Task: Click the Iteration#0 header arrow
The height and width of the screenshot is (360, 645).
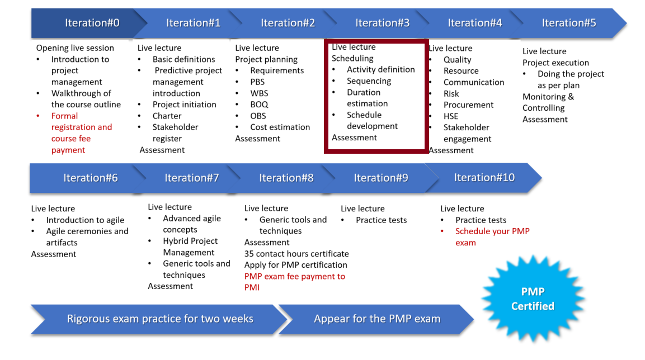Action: (x=88, y=23)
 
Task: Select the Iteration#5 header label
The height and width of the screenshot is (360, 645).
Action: (x=568, y=23)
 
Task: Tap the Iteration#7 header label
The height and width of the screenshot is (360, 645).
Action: (x=192, y=178)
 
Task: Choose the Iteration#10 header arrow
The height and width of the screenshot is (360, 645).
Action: (x=484, y=178)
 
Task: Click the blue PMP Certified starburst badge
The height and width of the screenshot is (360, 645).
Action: (x=533, y=299)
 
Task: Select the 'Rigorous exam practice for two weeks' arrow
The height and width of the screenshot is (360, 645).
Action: (x=159, y=319)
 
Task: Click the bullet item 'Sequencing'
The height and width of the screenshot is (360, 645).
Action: (x=369, y=81)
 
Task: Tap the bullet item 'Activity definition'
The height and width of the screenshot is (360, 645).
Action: (x=380, y=69)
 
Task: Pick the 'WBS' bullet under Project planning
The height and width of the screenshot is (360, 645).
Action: (x=259, y=93)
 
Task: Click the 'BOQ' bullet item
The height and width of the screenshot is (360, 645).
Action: (x=259, y=105)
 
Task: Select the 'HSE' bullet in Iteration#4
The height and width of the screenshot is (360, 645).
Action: (x=451, y=116)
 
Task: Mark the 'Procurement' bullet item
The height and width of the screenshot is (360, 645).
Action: (x=469, y=105)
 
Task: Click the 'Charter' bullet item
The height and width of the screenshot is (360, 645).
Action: (x=167, y=116)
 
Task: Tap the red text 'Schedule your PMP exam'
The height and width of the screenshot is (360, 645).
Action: (x=492, y=236)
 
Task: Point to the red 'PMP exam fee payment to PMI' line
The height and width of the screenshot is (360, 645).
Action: (x=294, y=282)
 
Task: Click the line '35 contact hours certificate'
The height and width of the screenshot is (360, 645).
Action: (x=296, y=254)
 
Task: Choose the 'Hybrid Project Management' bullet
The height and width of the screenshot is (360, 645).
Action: (x=190, y=247)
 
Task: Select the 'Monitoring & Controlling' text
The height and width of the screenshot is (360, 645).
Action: (x=548, y=102)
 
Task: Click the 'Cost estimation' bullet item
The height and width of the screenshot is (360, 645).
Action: (x=280, y=127)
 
